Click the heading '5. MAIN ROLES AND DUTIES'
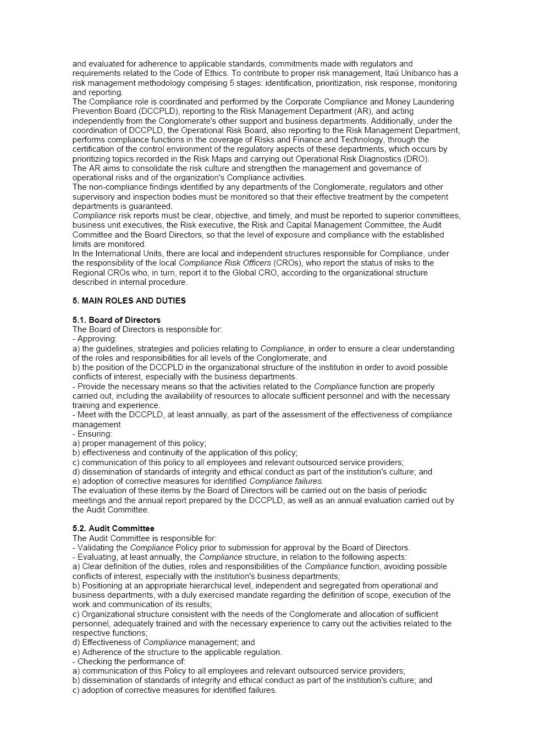coord(129,301)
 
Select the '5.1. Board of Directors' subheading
coord(116,320)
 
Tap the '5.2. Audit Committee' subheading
coord(113,528)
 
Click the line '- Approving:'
coord(94,339)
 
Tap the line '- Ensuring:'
coord(92,434)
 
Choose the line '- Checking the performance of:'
coord(129,662)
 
